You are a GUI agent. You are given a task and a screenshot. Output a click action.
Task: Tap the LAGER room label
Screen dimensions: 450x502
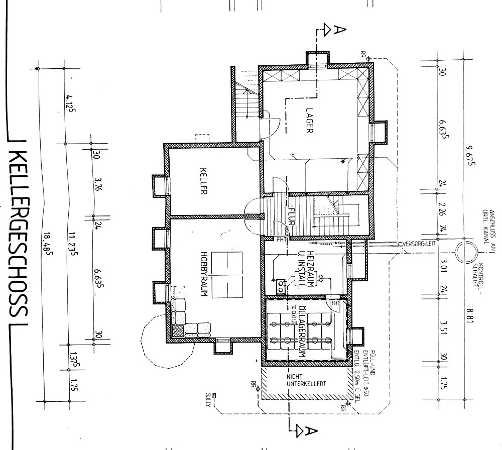(309, 120)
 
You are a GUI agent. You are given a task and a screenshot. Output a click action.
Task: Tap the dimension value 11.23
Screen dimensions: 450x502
(72, 244)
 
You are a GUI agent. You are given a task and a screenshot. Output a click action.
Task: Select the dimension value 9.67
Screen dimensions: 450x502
(469, 155)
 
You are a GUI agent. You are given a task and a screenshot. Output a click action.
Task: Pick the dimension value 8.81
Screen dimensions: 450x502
(469, 317)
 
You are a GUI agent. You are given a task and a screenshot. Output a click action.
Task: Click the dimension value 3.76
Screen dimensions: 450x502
(97, 183)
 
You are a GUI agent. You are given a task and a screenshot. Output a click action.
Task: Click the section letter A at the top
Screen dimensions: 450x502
(339, 31)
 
